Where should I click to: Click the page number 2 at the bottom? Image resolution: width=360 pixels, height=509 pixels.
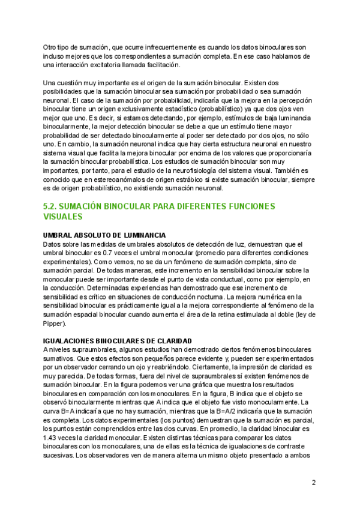pos(314,482)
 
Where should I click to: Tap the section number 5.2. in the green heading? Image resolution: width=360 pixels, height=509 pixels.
pos(52,206)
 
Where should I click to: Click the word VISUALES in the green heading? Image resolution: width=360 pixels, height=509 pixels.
pos(63,217)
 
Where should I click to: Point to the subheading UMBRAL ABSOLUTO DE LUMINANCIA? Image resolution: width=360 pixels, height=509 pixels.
pos(105,235)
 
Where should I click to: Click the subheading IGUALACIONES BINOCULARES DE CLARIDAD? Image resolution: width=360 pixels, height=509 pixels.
pos(118,340)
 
